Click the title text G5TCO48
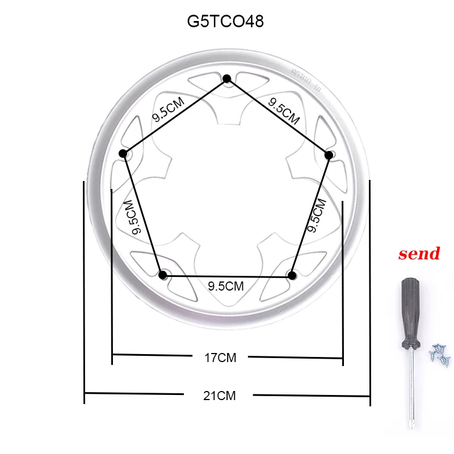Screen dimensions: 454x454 pos(225,22)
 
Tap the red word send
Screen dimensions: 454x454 pos(419,254)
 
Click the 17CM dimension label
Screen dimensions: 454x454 pos(220,358)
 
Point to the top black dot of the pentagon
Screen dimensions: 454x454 pos(227,78)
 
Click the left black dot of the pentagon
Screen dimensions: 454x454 pos(123,154)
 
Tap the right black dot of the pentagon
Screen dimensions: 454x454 pos(328,154)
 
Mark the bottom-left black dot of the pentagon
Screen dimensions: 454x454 pos(163,275)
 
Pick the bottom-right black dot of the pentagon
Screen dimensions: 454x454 pos(292,275)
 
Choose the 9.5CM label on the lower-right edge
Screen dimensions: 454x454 pos(316,215)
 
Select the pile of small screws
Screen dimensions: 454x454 pos(439,354)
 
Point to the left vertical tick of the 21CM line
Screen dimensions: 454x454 pos(84,292)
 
